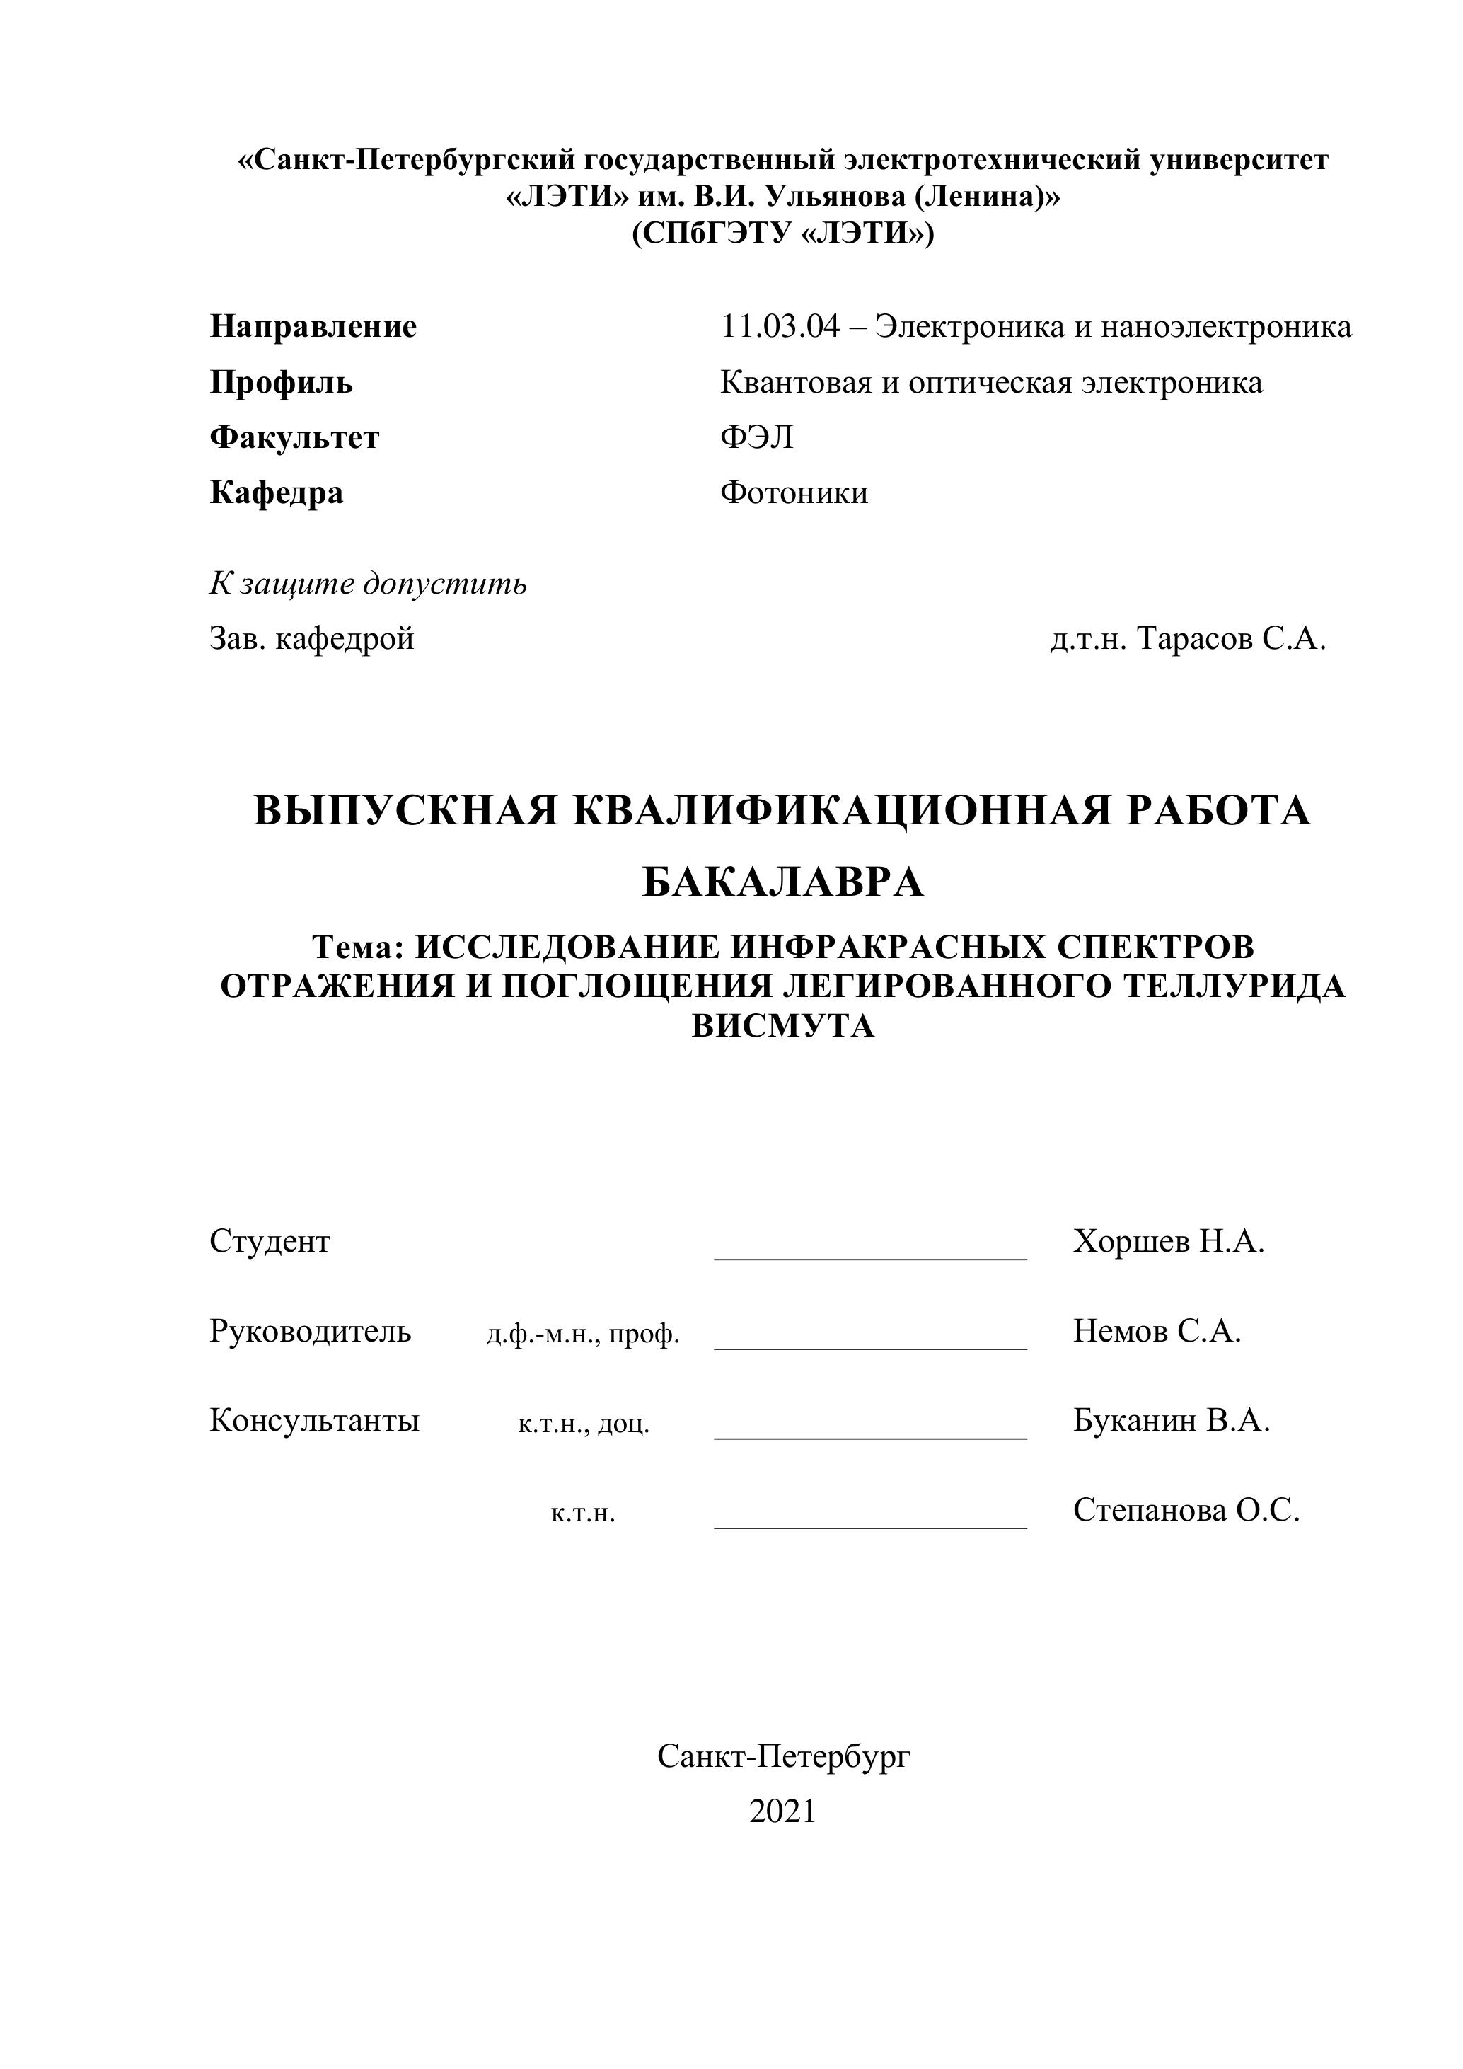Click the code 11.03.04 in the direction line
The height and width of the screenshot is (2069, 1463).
(779, 326)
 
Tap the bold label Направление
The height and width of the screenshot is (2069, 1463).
(313, 326)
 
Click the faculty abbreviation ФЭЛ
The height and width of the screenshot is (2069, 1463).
(757, 438)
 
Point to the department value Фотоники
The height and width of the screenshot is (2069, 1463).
(794, 493)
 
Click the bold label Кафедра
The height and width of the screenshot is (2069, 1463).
(277, 493)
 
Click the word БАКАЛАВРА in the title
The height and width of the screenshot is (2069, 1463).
(783, 882)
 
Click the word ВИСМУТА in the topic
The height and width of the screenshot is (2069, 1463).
(783, 1027)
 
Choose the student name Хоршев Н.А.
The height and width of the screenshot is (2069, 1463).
(1169, 1242)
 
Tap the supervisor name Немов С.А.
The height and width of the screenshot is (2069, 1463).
(1157, 1331)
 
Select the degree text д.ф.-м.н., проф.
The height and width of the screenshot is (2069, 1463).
(583, 1335)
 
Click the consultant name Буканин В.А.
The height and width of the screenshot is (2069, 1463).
(1171, 1421)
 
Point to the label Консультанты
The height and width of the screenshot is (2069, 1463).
(314, 1421)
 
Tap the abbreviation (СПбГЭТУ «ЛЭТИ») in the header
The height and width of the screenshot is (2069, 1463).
(783, 234)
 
